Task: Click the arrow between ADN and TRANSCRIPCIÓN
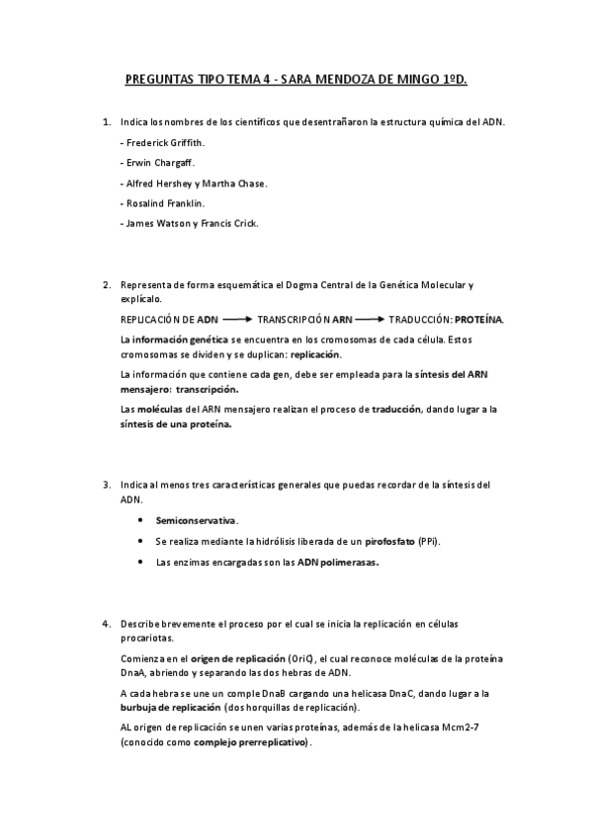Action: coord(237,320)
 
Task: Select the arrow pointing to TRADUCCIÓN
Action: coord(369,320)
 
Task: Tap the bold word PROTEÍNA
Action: coord(478,320)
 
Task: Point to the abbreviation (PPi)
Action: coord(430,541)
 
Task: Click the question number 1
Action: coord(107,122)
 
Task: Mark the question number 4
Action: coord(107,625)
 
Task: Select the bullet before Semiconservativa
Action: coord(140,520)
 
